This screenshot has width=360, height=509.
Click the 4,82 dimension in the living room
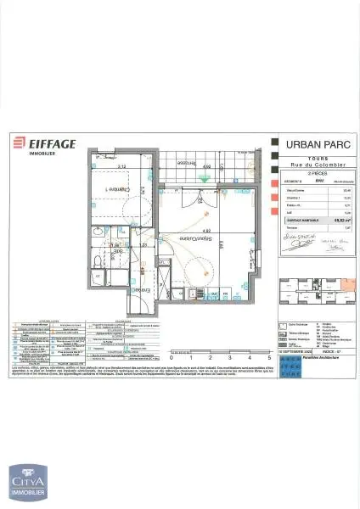[x=207, y=231]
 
